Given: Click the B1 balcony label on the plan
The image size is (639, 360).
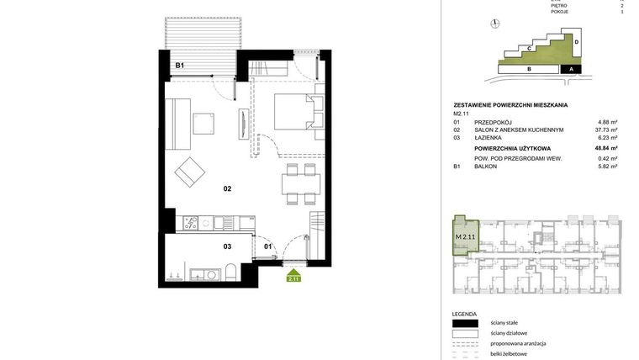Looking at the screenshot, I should point(179,66).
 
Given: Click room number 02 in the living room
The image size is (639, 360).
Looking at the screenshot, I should point(227,188).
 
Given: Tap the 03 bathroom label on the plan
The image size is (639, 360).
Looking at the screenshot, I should point(227,246).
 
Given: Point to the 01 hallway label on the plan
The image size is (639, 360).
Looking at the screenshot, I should point(268,246).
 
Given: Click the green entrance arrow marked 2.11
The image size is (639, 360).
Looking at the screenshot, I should point(293,274).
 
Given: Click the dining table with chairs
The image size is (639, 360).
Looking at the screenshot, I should point(300,183).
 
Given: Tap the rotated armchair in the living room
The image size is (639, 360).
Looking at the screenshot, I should point(189,173).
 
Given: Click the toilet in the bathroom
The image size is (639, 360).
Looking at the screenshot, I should point(230,273).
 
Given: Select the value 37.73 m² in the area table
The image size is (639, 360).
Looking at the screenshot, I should point(605,130).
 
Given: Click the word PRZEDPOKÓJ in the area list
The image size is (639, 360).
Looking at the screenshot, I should point(493,122).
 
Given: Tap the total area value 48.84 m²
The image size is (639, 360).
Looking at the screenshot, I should point(605,148).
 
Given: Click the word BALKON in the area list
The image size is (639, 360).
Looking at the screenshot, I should point(485,167).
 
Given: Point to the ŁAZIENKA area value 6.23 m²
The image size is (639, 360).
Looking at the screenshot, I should point(607,139).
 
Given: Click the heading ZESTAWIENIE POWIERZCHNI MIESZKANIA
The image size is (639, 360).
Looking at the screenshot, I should point(510,105).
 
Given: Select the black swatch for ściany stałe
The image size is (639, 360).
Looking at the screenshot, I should point(464,323).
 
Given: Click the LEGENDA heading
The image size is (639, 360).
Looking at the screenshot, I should point(464,313).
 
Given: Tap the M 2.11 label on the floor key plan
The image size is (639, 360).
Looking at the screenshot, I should point(465,236).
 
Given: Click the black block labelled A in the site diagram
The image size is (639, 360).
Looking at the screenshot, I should point(571,69).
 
